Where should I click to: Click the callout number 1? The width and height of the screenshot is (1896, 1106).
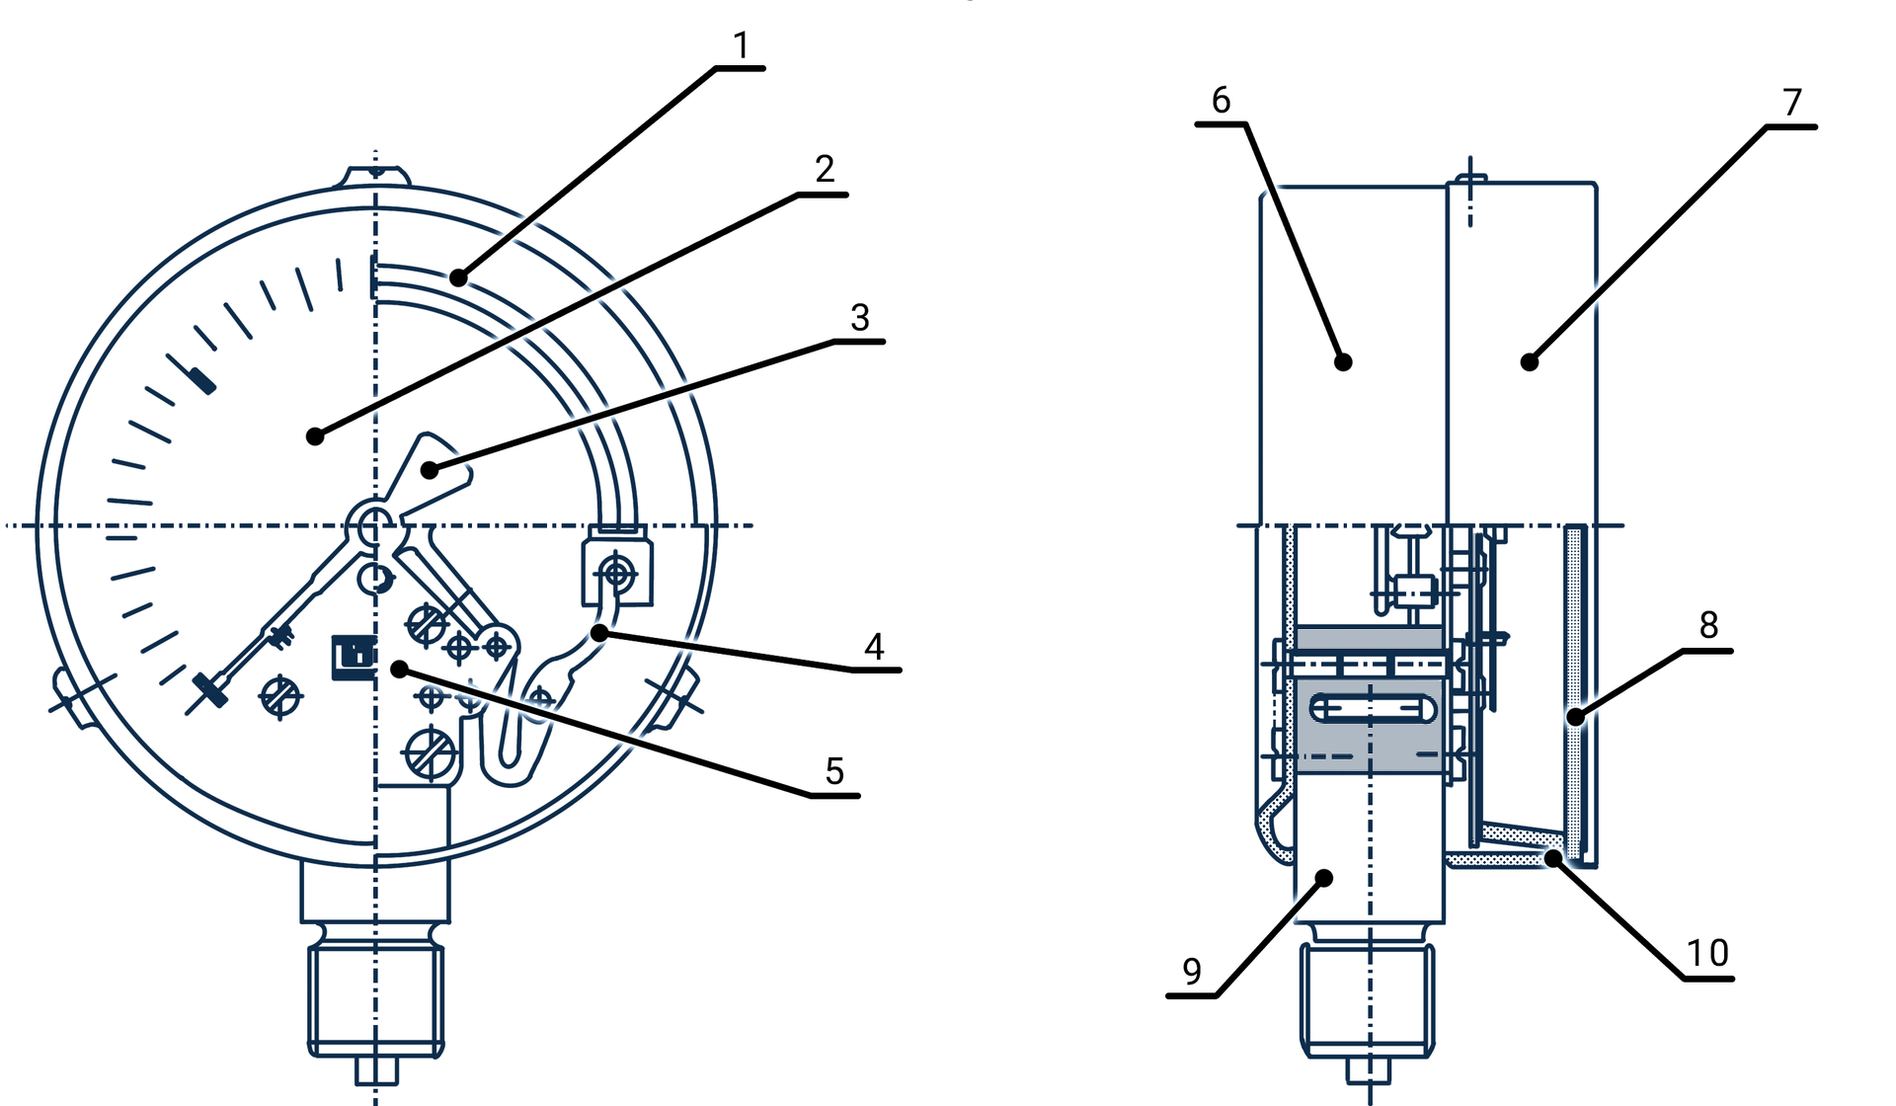[742, 44]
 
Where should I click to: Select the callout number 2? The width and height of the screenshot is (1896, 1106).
[826, 169]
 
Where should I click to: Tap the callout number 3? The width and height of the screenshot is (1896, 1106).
[860, 317]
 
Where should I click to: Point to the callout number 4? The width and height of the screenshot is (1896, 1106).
[874, 647]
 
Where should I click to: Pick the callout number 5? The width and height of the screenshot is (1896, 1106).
[834, 771]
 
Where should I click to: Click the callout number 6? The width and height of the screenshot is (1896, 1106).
[1222, 100]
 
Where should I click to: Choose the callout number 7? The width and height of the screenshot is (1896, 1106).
[1792, 102]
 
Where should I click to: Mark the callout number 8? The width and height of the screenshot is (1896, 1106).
[1709, 624]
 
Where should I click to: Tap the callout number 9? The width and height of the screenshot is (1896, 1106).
[1192, 972]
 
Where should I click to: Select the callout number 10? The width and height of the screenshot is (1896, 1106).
[1707, 953]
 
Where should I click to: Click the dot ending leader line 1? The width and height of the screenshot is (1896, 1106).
[458, 277]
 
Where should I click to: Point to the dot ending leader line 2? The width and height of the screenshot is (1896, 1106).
[315, 435]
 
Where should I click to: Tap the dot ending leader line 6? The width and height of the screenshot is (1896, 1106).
[1343, 362]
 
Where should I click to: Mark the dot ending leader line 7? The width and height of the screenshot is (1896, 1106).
[1530, 362]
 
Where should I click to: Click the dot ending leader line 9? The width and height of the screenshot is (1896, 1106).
[1325, 878]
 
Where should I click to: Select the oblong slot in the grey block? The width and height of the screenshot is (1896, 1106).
[1374, 708]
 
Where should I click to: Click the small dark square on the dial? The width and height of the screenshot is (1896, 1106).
[354, 657]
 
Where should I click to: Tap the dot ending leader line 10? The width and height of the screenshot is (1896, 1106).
[1554, 858]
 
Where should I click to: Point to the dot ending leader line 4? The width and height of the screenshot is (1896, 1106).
[599, 633]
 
